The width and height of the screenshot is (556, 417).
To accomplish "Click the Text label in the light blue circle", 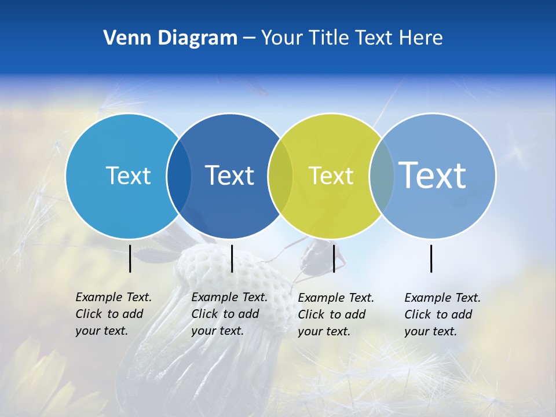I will pyautogui.click(x=128, y=175).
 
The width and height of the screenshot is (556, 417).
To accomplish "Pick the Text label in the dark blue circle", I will pyautogui.click(x=229, y=175).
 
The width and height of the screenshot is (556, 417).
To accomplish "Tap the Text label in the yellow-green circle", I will pyautogui.click(x=331, y=175).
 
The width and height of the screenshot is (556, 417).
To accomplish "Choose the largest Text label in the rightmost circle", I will pyautogui.click(x=433, y=175).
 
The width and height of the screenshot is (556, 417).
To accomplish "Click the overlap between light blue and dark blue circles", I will pyautogui.click(x=179, y=176).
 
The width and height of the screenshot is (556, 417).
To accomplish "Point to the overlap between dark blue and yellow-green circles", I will pyautogui.click(x=280, y=176).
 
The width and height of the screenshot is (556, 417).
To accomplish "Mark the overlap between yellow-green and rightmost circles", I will pyautogui.click(x=382, y=176).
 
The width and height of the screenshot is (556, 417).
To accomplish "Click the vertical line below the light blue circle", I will pyautogui.click(x=130, y=258).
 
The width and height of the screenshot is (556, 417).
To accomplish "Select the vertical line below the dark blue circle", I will pyautogui.click(x=232, y=258).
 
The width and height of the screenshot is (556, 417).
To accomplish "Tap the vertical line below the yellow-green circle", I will pyautogui.click(x=334, y=258).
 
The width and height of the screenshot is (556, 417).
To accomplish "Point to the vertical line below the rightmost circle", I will pyautogui.click(x=431, y=258).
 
